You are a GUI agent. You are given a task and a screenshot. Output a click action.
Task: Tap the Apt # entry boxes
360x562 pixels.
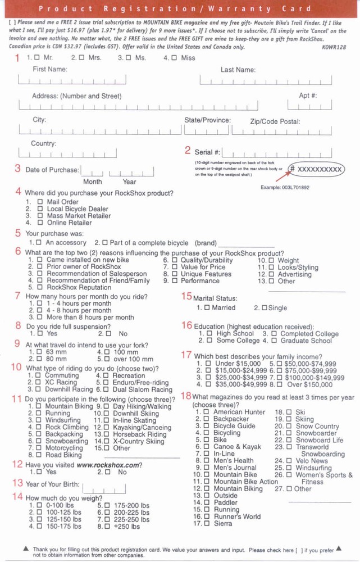coord(309,105)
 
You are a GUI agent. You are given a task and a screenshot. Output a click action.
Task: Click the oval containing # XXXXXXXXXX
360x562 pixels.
coord(316,169)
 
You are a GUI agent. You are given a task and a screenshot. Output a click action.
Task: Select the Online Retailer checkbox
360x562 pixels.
coord(40,223)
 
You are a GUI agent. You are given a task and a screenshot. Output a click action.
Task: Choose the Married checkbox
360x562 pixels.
coord(207,308)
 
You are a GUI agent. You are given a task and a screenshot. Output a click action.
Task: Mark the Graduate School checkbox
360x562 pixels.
coord(274,341)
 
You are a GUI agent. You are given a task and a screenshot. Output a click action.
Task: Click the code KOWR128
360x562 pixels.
coord(334,47)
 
